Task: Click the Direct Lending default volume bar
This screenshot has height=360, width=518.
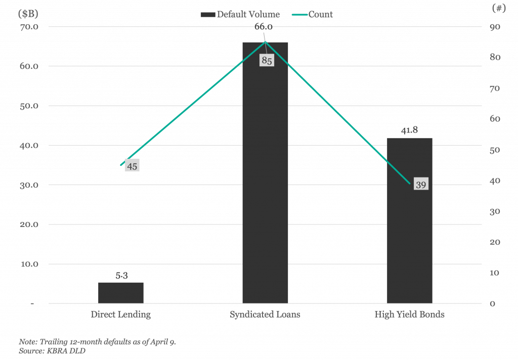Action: (120, 293)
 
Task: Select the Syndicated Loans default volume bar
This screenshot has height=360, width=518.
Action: (265, 173)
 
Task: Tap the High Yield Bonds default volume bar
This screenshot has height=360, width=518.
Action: (409, 220)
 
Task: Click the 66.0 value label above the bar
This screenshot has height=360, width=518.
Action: (263, 27)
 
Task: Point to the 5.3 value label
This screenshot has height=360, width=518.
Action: (121, 276)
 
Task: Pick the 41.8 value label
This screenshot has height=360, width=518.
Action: (409, 130)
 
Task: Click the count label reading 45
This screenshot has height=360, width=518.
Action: (132, 166)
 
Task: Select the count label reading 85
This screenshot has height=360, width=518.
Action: (267, 61)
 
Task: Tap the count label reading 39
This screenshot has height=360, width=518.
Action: (421, 184)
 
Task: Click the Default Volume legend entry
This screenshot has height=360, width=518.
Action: (240, 15)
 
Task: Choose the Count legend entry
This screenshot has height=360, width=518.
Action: (313, 15)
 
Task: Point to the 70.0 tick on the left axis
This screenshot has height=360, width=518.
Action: (29, 27)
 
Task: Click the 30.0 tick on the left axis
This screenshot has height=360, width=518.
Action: (29, 185)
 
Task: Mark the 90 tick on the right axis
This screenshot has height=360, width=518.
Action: (495, 27)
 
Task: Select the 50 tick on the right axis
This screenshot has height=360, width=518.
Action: (495, 150)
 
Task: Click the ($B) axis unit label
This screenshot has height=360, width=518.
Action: (28, 14)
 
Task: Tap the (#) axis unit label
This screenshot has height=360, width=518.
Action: (499, 8)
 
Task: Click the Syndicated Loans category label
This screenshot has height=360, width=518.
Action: (265, 314)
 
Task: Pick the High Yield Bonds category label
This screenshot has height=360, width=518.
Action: (409, 314)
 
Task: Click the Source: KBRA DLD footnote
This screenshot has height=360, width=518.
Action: (52, 351)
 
